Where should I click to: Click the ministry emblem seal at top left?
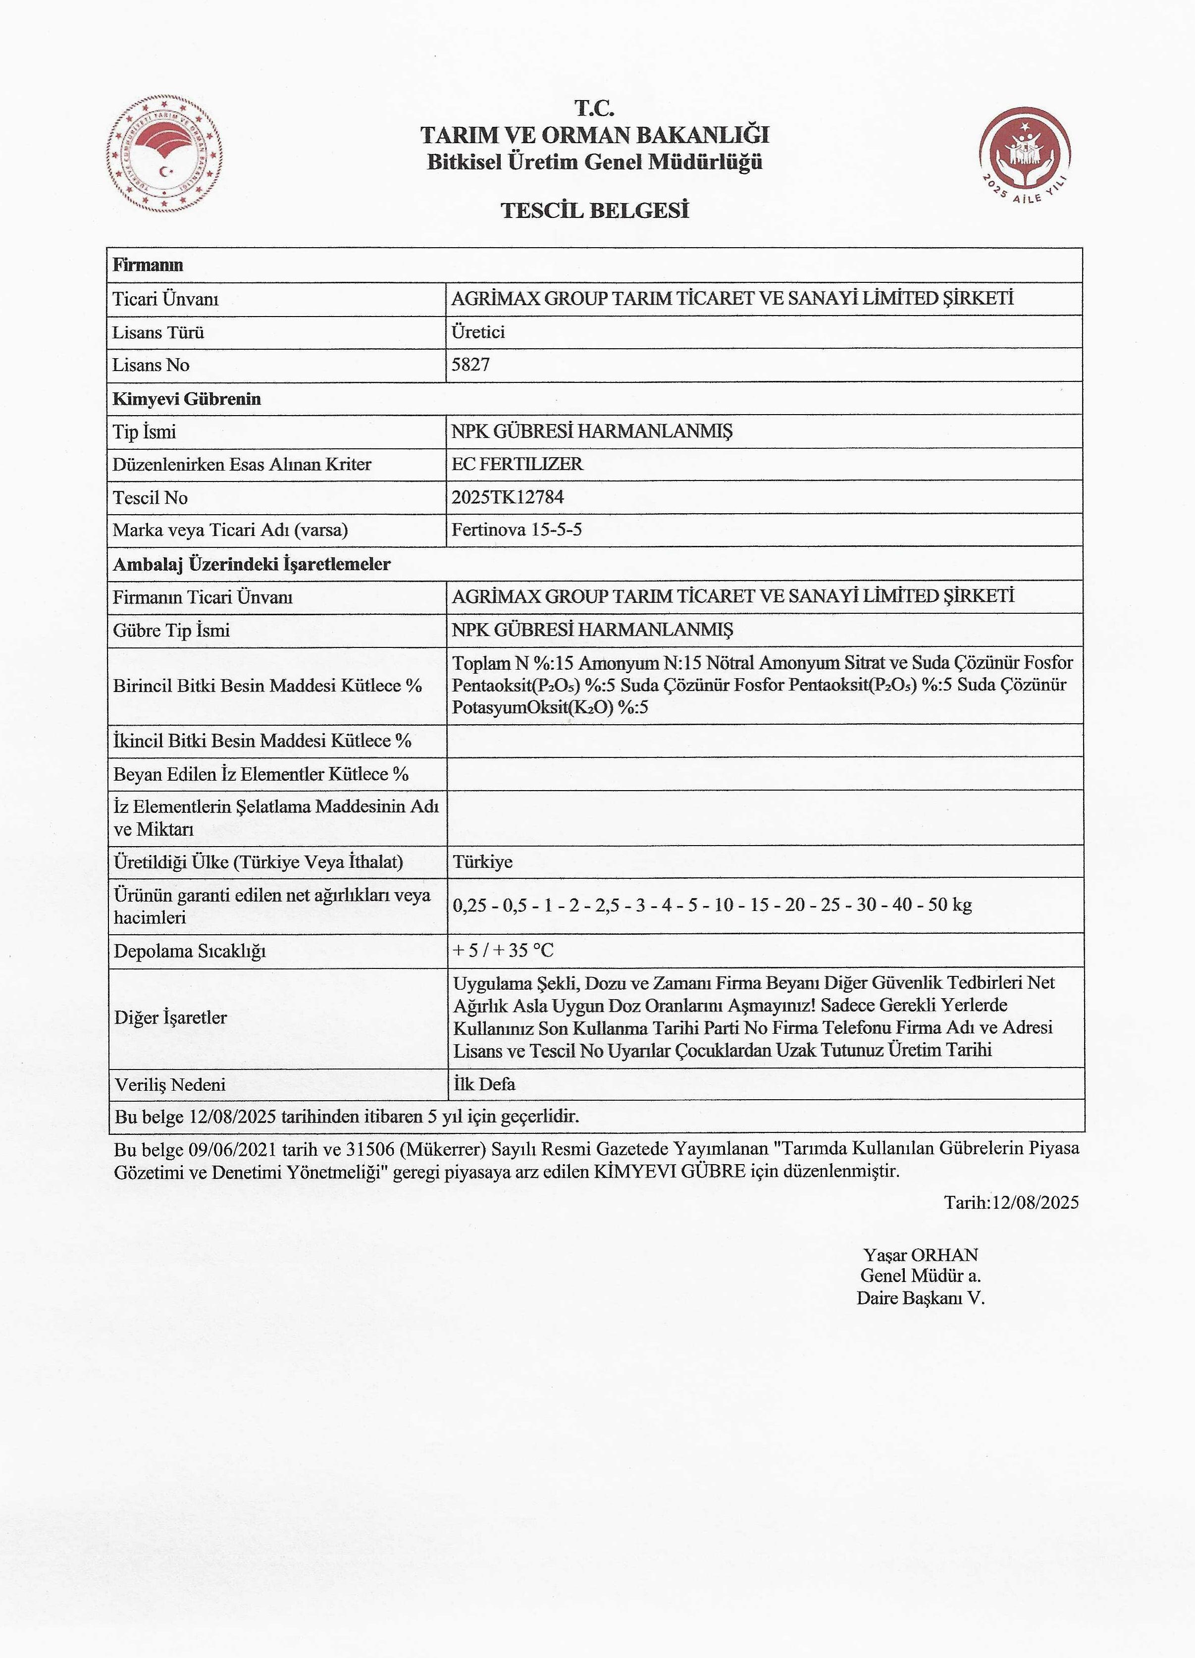[164, 154]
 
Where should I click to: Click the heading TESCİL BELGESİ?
[595, 211]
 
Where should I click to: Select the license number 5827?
[470, 364]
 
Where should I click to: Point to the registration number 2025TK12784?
[508, 497]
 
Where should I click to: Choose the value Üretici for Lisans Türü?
[478, 332]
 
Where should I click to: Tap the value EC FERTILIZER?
[518, 464]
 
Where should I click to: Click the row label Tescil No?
[150, 498]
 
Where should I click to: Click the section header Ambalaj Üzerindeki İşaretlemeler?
[252, 564]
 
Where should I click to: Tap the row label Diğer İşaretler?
[170, 1017]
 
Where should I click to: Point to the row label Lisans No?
[151, 365]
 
